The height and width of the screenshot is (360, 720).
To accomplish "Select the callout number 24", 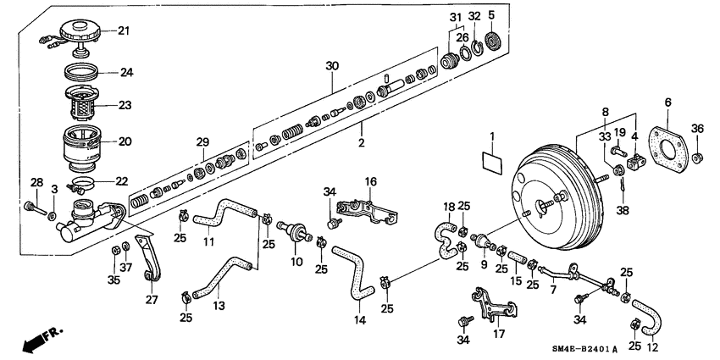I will point(126,73).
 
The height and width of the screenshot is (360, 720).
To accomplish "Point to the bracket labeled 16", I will point(366,209).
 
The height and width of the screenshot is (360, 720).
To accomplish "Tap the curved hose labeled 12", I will point(650,318).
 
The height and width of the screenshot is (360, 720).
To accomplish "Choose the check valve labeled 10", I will point(297,232).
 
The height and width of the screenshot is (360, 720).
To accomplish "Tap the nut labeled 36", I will point(696,157).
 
